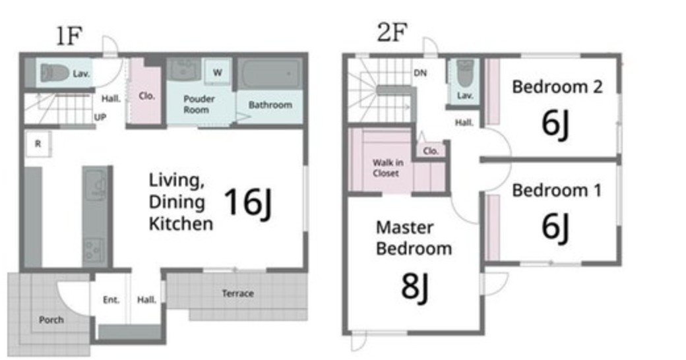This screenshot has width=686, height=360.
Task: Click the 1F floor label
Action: [x=69, y=36]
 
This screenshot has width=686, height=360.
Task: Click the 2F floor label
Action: [x=392, y=32]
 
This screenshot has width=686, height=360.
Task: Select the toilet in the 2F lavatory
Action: [x=465, y=73]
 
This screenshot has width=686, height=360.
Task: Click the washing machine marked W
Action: [x=218, y=72]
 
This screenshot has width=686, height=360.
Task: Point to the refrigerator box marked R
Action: [x=38, y=144]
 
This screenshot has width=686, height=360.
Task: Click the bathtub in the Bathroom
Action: [x=270, y=73]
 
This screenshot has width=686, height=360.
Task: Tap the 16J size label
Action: [x=248, y=202]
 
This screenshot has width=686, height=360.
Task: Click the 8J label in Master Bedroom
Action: [x=414, y=287]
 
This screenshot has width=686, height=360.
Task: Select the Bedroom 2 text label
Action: [x=557, y=86]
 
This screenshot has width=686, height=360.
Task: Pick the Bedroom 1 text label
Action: [x=557, y=191]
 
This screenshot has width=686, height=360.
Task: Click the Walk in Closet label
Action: [x=388, y=168]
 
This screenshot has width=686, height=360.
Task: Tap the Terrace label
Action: [x=237, y=293]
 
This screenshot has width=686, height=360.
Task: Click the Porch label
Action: [x=51, y=320]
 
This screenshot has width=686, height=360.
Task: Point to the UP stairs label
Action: [x=100, y=117]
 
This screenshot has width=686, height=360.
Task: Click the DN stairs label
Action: [x=420, y=73]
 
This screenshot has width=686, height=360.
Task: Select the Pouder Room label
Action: [x=199, y=104]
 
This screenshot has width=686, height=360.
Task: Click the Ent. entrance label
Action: [x=111, y=299]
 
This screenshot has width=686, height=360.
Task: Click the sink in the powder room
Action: [x=184, y=69]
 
